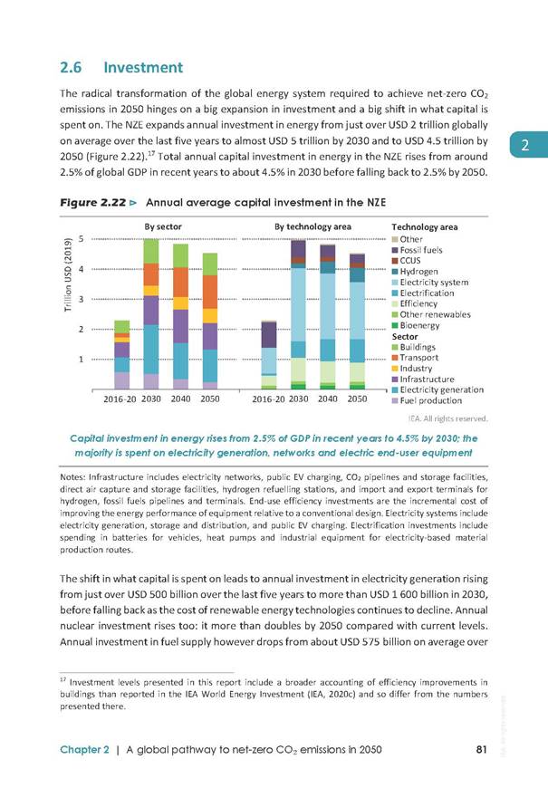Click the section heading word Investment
tap(143, 67)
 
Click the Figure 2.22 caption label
tap(93, 203)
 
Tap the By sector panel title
tap(163, 226)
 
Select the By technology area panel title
tap(312, 226)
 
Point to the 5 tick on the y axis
tap(81, 239)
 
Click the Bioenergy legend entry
tap(416, 325)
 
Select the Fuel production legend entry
tap(427, 400)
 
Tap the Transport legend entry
tap(415, 357)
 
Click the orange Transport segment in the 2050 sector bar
tap(209, 292)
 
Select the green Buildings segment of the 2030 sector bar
tap(151, 251)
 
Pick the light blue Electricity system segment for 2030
tap(298, 305)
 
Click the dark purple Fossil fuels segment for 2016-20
tap(269, 335)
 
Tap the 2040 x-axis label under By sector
tap(180, 399)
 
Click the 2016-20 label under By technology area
tap(269, 399)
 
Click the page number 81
tap(481, 749)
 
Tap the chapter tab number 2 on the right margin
tap(524, 145)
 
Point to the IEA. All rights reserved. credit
tap(447, 418)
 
